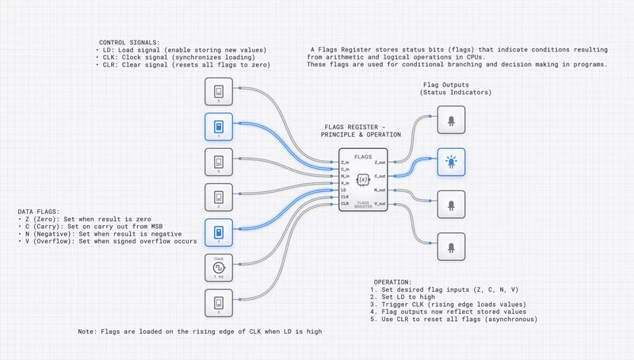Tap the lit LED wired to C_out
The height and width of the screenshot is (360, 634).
[452, 163]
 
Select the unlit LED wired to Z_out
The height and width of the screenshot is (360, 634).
[452, 121]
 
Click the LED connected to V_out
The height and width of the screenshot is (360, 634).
[452, 246]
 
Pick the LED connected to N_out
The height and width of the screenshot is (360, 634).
[452, 204]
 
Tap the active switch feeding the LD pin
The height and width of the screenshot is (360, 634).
[218, 232]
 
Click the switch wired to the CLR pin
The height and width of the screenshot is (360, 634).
[218, 303]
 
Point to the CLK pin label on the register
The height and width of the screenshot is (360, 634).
[345, 197]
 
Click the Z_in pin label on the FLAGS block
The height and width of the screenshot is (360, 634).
[346, 162]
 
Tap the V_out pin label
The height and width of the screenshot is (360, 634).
[380, 204]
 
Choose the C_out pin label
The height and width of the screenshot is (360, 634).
[380, 175]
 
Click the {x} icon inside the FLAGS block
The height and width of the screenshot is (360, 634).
[363, 181]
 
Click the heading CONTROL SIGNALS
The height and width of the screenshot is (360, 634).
[128, 42]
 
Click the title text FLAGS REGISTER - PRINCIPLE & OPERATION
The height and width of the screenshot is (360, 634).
[362, 131]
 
